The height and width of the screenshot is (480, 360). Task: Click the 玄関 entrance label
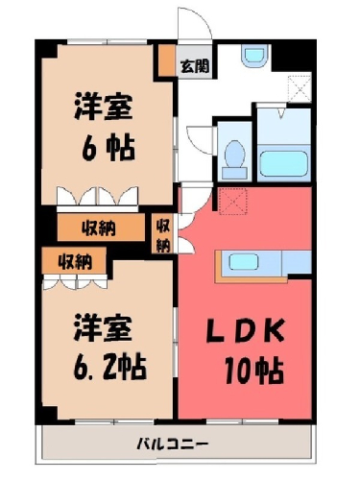point(195,66)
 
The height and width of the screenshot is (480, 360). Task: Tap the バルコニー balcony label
point(173,444)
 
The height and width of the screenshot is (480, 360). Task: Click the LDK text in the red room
point(246,330)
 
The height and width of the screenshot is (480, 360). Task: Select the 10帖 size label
point(254,371)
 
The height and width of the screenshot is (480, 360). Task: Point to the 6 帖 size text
point(108,148)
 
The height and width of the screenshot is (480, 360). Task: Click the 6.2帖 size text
point(109,368)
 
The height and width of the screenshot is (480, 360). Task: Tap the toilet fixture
point(235,159)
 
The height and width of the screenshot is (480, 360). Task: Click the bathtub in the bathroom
point(283,163)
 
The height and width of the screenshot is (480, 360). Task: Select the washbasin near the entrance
point(254,56)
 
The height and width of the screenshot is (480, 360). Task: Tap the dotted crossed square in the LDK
point(232,202)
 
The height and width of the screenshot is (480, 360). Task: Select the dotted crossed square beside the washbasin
point(300,88)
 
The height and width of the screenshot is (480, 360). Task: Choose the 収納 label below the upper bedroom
point(99,228)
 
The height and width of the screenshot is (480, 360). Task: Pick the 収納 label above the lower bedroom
point(75,262)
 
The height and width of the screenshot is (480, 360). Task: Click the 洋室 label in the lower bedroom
point(103,328)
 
